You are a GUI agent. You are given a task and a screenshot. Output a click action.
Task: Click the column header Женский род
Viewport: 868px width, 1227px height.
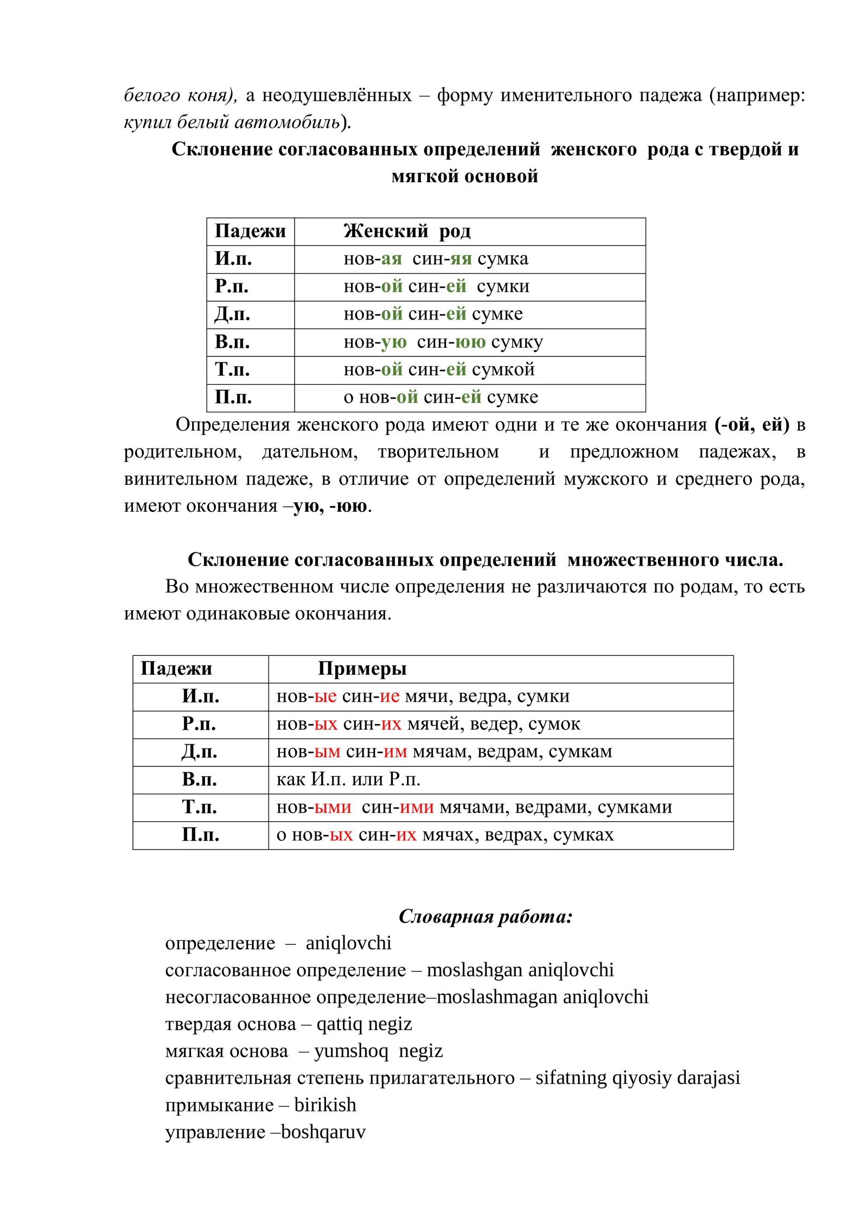pyautogui.click(x=407, y=231)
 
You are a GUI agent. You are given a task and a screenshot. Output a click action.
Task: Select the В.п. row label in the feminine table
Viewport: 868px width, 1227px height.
pyautogui.click(x=232, y=342)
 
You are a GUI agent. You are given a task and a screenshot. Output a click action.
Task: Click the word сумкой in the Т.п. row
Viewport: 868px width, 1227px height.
pyautogui.click(x=503, y=369)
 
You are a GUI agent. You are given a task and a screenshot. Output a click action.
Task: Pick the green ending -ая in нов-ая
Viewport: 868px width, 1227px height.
pyautogui.click(x=391, y=259)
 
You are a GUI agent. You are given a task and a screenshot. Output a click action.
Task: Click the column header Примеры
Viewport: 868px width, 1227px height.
pyautogui.click(x=362, y=668)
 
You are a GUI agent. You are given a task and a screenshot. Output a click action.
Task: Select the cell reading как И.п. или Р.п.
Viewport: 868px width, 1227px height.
pyautogui.click(x=348, y=779)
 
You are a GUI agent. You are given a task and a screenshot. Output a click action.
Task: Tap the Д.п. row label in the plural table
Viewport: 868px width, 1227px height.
pyautogui.click(x=200, y=751)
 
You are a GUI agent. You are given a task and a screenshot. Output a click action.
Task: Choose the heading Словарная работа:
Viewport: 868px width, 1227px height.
pyautogui.click(x=486, y=916)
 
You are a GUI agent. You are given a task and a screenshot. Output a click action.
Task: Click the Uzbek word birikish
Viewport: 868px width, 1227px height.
pyautogui.click(x=325, y=1104)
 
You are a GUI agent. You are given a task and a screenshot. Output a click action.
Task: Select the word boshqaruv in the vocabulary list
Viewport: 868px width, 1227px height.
pyautogui.click(x=323, y=1132)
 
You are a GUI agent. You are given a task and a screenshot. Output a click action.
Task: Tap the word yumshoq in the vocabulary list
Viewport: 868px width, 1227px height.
pyautogui.click(x=351, y=1051)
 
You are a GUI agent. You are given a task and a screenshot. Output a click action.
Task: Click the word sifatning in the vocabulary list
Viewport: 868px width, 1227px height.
pyautogui.click(x=571, y=1077)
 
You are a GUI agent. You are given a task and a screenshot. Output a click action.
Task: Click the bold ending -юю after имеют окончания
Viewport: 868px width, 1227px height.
pyautogui.click(x=350, y=506)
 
